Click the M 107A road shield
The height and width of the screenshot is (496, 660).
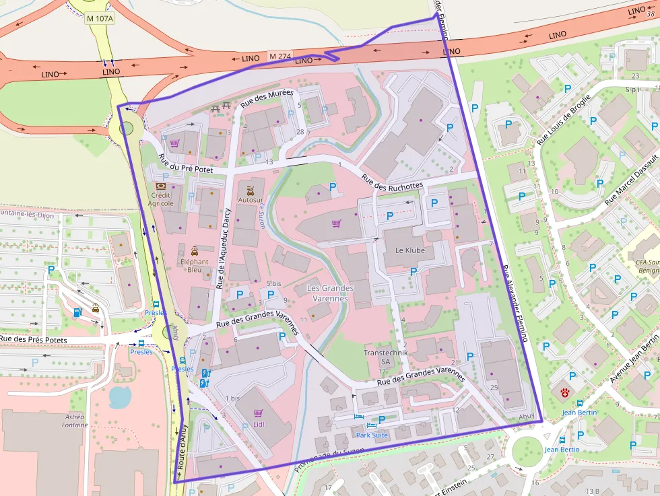[99, 17]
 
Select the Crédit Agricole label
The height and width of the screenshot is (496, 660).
[160, 199]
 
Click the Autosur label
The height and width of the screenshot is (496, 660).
[251, 200]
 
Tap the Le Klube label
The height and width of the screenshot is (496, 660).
[409, 251]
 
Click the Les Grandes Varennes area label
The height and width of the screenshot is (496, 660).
[330, 293]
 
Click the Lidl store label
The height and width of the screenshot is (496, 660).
[259, 425]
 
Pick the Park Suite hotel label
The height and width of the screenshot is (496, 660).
[372, 435]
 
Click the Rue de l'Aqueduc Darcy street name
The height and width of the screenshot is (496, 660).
[223, 248]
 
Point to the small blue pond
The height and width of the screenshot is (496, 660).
[121, 397]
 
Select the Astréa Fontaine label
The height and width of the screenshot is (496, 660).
[75, 421]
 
